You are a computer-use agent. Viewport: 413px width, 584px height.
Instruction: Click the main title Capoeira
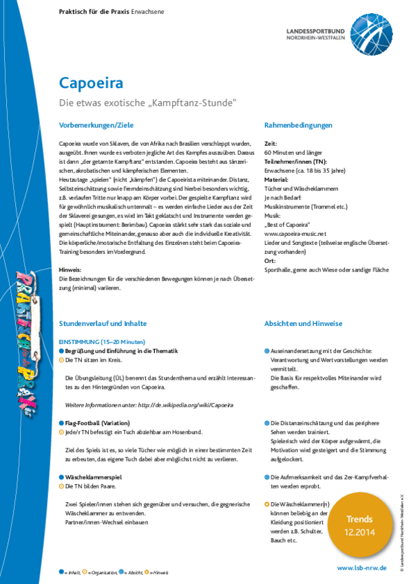91,83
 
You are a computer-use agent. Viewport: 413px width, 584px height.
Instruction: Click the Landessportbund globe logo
371,31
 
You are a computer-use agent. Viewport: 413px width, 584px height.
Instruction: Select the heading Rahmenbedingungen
298,125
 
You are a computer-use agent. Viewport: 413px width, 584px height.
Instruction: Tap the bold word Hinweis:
71,270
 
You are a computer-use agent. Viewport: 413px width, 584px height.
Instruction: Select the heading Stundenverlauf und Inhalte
103,323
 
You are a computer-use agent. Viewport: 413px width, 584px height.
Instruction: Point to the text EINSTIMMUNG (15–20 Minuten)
102,342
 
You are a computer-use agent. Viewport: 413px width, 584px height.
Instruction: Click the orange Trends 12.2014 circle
359,524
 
